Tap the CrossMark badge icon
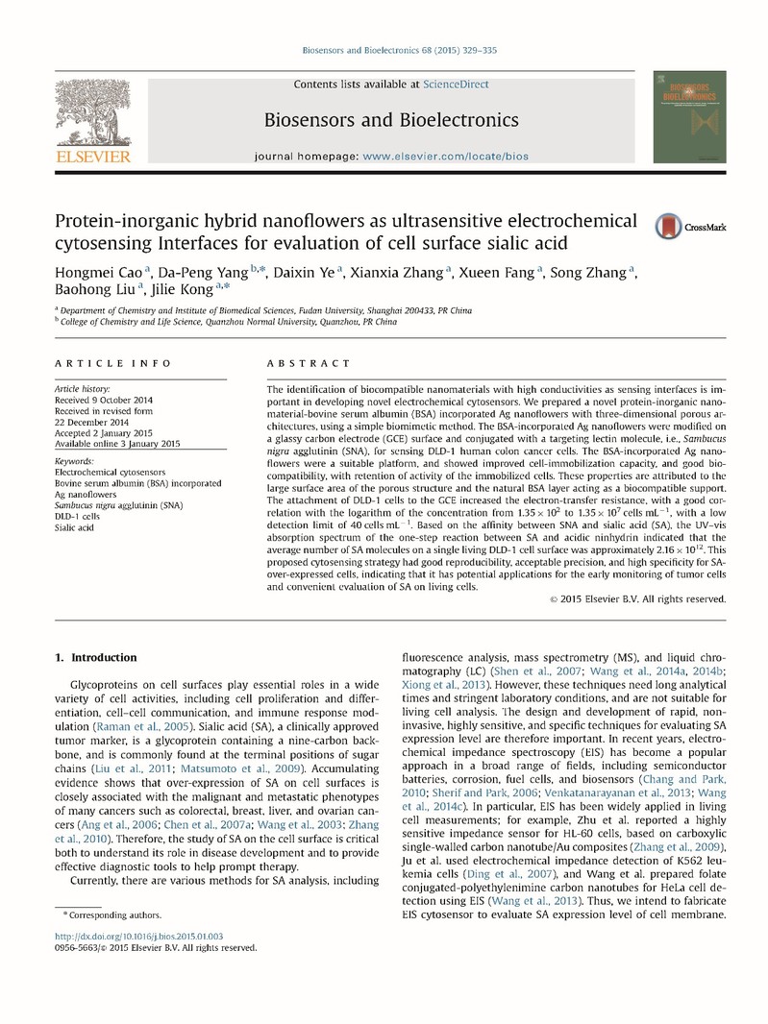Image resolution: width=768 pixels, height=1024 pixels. tap(669, 227)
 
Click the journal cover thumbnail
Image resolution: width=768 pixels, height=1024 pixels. tap(689, 116)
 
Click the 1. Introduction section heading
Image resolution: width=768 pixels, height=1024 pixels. tap(96, 657)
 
